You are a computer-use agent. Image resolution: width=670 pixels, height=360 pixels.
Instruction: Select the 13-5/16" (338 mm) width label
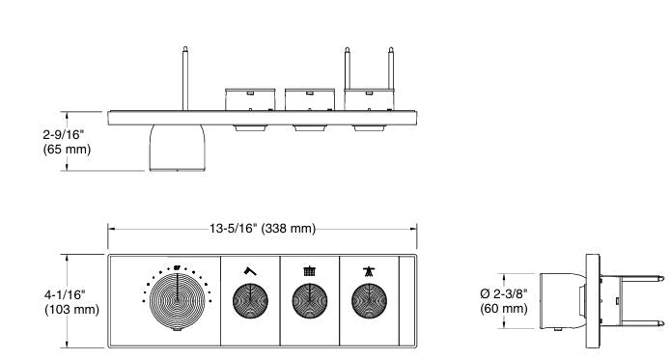pos(262,228)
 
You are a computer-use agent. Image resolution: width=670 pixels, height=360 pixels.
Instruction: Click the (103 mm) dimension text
pos(38,309)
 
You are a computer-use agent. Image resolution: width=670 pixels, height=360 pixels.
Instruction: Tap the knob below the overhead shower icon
pos(309,302)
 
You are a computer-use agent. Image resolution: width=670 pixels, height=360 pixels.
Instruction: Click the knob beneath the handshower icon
pos(368,302)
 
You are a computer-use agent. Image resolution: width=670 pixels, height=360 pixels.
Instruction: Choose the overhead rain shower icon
pos(309,271)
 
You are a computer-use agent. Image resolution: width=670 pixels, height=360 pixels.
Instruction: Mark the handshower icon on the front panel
pos(368,271)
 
